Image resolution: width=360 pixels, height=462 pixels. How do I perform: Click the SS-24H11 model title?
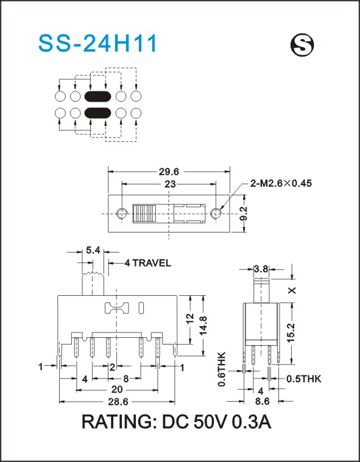(97, 44)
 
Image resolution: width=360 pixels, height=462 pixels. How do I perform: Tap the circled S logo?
(302, 46)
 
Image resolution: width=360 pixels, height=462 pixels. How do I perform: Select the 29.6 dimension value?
(170, 171)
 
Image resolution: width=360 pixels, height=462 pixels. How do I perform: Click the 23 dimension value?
(170, 184)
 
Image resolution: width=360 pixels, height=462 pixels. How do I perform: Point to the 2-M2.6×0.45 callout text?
(281, 183)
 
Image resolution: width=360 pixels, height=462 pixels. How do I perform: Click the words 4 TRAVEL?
(147, 263)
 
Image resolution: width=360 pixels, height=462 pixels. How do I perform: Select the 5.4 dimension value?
(93, 251)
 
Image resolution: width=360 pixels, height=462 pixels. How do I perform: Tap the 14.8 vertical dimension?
(203, 325)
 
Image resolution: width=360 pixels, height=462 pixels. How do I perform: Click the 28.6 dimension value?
(118, 402)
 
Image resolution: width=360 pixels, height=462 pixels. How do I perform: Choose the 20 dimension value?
(117, 390)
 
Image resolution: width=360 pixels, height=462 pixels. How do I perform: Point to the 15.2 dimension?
(292, 332)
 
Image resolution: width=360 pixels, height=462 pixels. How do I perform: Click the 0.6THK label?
(222, 369)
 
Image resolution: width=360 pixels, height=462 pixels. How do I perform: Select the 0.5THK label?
(304, 379)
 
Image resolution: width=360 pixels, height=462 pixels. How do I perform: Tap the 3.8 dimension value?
(261, 268)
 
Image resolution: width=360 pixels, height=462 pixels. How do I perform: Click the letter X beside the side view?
(292, 290)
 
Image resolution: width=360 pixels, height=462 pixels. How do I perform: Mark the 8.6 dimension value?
(263, 401)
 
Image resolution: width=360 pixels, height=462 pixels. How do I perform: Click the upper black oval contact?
(97, 96)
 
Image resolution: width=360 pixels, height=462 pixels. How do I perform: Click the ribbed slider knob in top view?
(144, 213)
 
